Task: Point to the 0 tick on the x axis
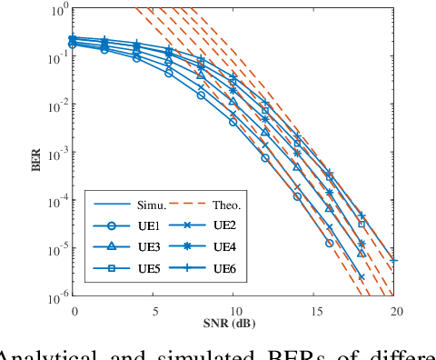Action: pos(74,310)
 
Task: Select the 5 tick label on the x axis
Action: pos(154,310)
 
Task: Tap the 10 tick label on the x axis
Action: pos(235,310)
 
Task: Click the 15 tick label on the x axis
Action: pos(316,310)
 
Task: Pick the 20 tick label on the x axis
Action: pos(396,310)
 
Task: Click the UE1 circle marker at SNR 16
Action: pos(330,244)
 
